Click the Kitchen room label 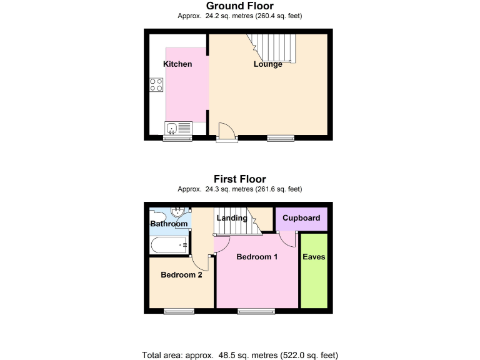(177, 64)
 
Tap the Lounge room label (267, 64)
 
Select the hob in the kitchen (156, 84)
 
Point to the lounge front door (227, 133)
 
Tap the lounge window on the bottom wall (281, 137)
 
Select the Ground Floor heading (240, 6)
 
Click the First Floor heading (240, 179)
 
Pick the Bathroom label (169, 224)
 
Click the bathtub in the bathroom (169, 246)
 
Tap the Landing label (231, 218)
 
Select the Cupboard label (301, 218)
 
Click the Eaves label (314, 257)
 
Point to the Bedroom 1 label (257, 257)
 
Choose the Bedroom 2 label (181, 274)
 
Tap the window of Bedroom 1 (256, 311)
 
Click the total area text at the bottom (240, 355)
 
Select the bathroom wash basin (178, 212)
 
